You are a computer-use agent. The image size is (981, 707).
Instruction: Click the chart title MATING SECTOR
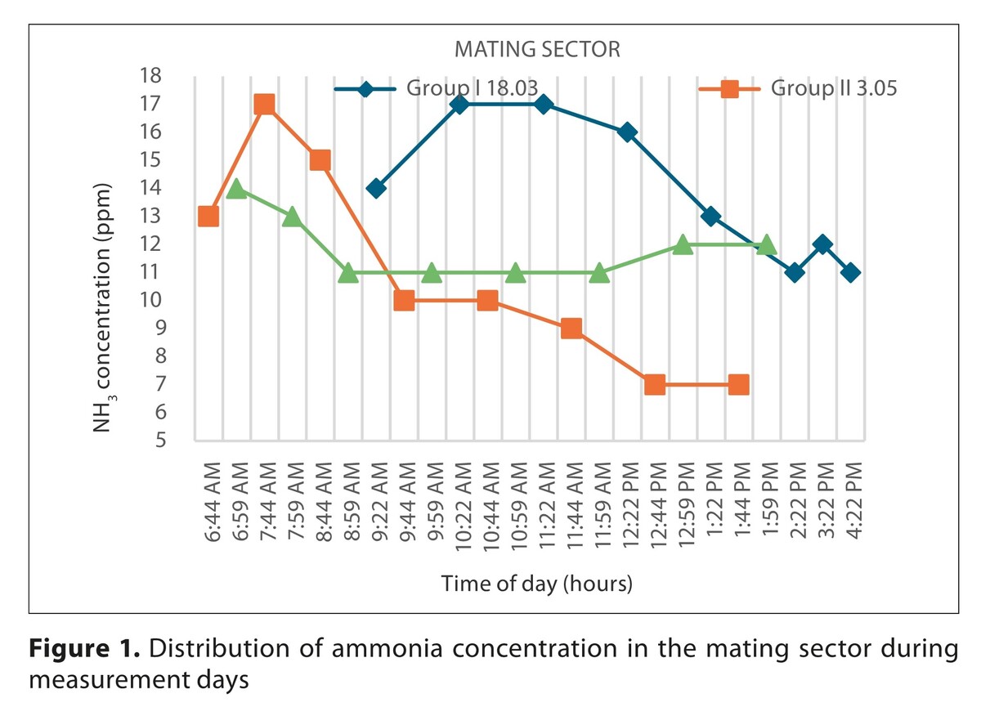[x=537, y=50]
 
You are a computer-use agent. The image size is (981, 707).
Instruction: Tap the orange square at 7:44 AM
[x=264, y=105]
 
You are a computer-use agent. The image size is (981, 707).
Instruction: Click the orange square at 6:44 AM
[x=208, y=217]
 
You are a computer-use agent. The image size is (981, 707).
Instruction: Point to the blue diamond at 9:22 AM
[x=376, y=188]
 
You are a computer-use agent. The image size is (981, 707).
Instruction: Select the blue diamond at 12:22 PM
[x=627, y=132]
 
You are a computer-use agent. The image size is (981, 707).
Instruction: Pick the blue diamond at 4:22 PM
[x=850, y=272]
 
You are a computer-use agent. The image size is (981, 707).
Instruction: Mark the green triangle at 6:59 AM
[x=236, y=189]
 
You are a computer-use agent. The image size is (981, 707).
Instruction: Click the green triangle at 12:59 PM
[x=683, y=244]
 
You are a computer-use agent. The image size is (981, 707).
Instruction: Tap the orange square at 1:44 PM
[x=738, y=384]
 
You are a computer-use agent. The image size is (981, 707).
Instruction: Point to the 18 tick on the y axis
[x=152, y=76]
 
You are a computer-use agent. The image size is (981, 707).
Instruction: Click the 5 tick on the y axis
[x=157, y=440]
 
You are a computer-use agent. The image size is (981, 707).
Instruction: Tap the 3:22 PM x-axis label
[x=822, y=508]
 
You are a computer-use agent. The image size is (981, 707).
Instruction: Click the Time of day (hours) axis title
[x=537, y=584]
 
